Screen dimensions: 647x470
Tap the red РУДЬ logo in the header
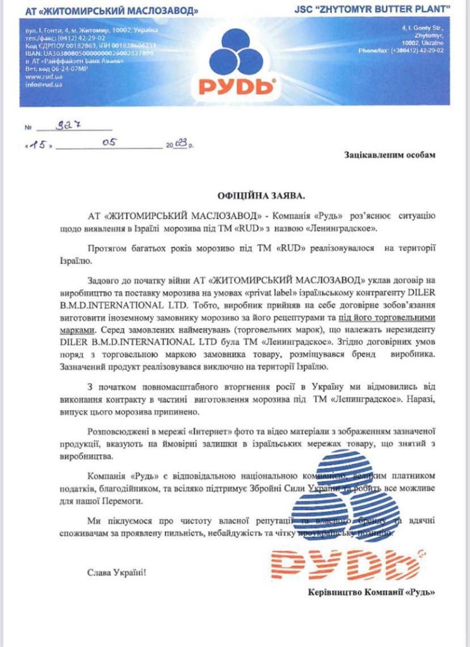click(235, 85)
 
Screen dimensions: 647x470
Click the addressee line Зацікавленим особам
click(390, 155)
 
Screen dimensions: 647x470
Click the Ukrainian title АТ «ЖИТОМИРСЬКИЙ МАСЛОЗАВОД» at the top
click(108, 11)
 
